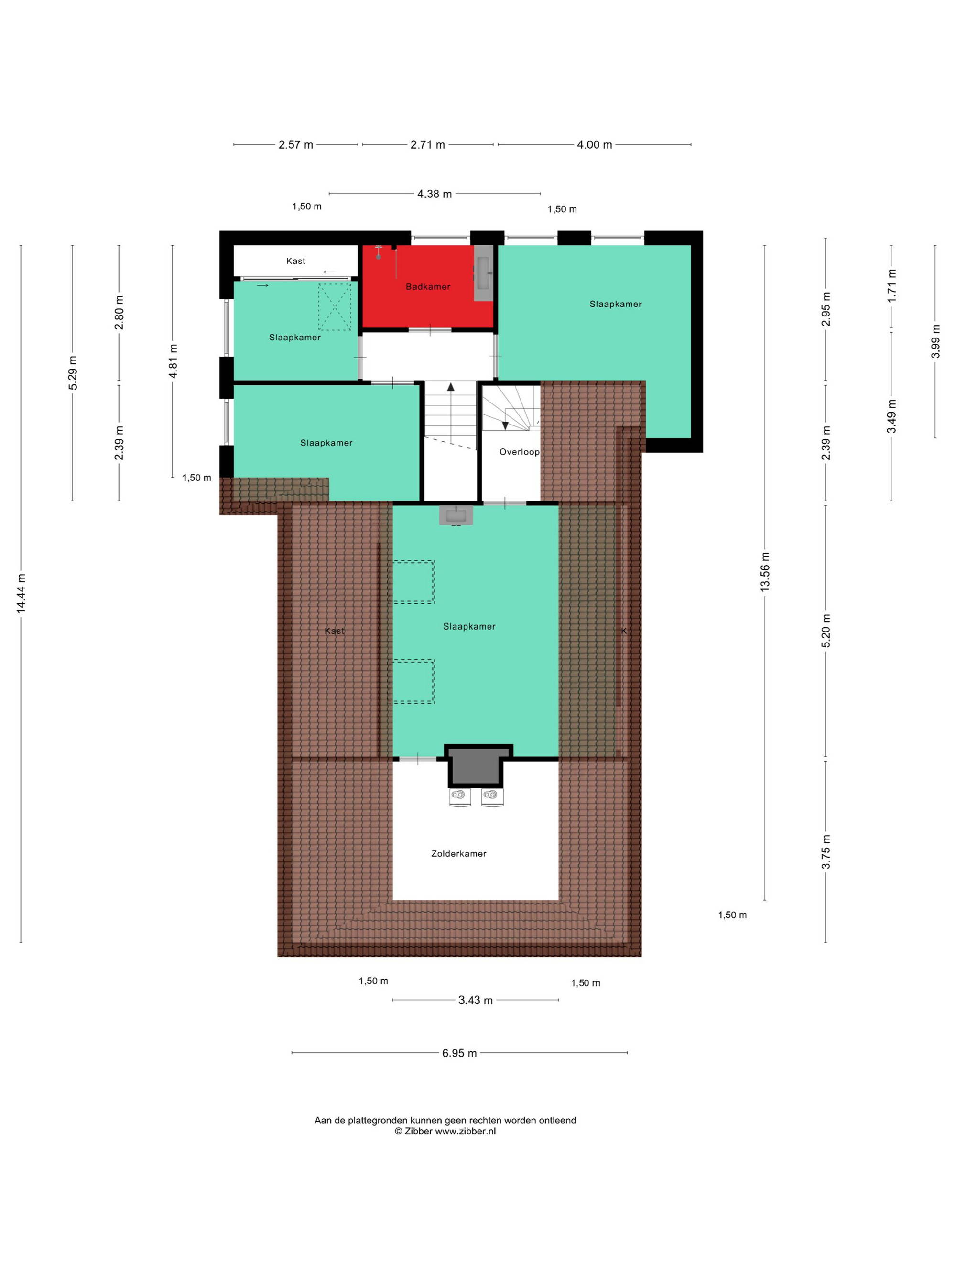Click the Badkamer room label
pos(428,286)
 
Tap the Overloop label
pos(519,452)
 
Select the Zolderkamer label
pos(459,854)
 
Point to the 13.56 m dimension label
pos(765,572)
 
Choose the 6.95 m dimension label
pos(459,1053)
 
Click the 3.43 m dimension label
pos(476,1000)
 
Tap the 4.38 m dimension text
pos(435,194)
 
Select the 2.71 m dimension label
pos(428,145)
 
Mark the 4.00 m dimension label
pos(595,145)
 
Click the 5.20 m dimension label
pos(826,631)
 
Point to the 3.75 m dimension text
pos(826,852)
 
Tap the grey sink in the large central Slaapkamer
pos(456,515)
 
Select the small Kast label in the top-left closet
pos(295,261)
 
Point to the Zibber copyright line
pos(445,1131)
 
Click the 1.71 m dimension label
pos(891,286)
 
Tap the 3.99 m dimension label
pos(935,341)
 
